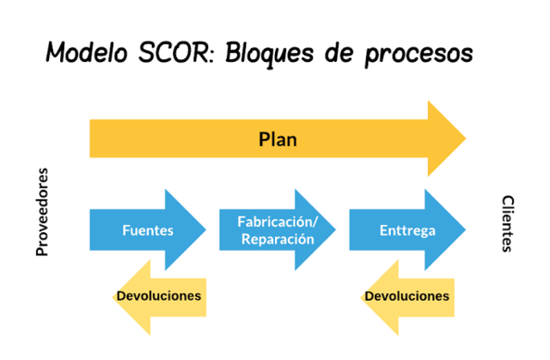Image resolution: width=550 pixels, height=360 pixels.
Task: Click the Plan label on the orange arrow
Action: tap(278, 139)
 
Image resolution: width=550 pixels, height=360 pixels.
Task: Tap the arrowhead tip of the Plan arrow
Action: tap(465, 138)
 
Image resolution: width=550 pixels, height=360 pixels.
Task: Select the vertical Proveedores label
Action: tap(42, 212)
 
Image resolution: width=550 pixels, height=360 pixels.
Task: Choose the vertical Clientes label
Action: tap(507, 223)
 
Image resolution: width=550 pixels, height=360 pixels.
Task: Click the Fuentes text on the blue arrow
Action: tap(148, 230)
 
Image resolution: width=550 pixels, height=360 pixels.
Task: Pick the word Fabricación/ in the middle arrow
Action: tap(277, 223)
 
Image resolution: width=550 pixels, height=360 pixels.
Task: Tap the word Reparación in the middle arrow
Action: tap(277, 239)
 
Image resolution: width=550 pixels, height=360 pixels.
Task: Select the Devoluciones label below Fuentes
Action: tap(158, 296)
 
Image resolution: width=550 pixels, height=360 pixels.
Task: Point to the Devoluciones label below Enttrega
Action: tap(406, 296)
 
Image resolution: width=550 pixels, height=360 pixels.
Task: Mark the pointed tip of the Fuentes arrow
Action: tap(206, 229)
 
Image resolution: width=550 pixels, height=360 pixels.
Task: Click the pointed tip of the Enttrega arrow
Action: tap(466, 229)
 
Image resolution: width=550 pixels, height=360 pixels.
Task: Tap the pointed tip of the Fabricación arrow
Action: tap(336, 229)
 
